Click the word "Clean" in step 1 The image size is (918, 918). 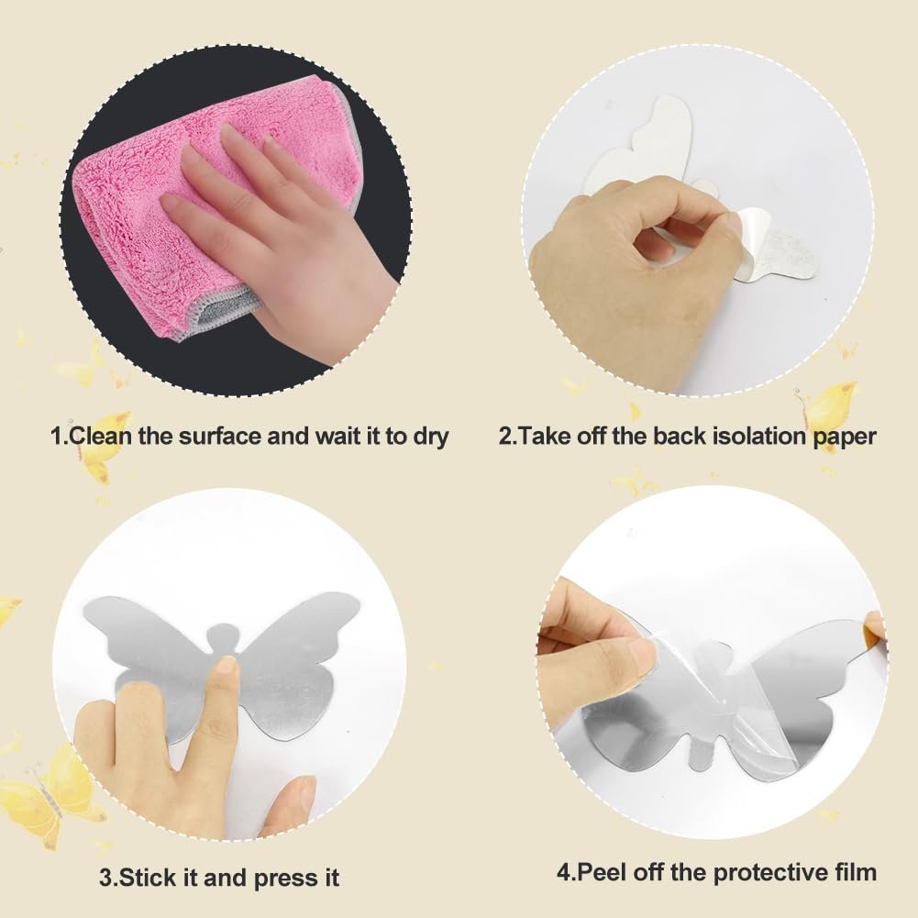pos(100,436)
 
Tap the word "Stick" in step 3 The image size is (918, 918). pos(142,878)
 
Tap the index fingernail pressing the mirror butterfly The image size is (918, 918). pos(224,669)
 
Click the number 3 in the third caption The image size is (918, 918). pos(105,879)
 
